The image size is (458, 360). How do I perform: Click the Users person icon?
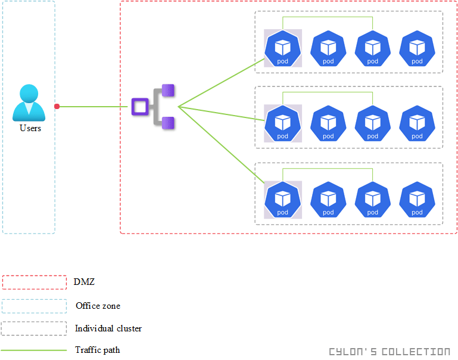29,103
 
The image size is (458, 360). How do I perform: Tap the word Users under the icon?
30,128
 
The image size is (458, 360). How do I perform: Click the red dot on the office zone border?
57,107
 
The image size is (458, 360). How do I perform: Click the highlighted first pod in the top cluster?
283,48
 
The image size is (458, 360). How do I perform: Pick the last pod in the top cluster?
418,48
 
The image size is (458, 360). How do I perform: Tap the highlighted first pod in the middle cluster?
283,123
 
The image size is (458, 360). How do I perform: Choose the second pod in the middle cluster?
328,123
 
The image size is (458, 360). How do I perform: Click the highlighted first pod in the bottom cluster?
283,200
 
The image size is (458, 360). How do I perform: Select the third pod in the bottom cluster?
373,200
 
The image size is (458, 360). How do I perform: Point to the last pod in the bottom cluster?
418,200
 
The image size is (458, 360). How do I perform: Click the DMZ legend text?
84,282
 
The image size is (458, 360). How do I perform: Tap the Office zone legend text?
98,306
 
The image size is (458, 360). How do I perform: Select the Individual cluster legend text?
108,328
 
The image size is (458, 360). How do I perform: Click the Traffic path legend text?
97,350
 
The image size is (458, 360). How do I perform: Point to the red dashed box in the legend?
34,282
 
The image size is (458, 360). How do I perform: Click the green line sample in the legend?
34,350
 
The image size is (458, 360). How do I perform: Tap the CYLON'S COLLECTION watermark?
390,352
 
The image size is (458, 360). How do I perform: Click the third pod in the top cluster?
373,48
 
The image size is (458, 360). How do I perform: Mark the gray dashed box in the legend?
34,328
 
